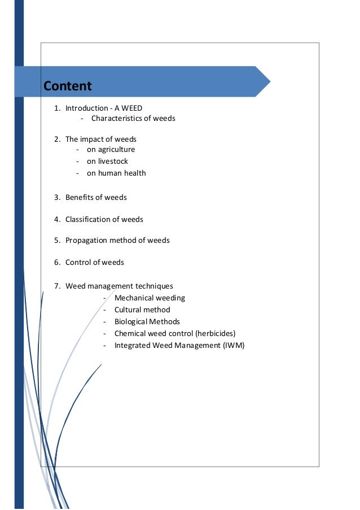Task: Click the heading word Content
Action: point(67,86)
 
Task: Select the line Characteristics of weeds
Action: point(133,119)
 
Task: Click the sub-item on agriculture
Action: point(111,150)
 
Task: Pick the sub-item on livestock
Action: point(107,162)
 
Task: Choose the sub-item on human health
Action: point(116,173)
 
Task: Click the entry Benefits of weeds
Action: point(96,198)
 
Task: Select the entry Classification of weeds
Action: point(104,220)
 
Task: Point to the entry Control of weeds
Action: point(95,263)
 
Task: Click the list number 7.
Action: point(56,286)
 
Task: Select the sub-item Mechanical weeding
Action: point(150,298)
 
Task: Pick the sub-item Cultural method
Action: point(142,310)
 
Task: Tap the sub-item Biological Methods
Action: point(147,322)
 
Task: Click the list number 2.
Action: point(56,139)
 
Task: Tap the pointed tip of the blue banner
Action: point(269,81)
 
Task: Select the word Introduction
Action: point(86,108)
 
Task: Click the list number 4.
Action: point(56,220)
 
